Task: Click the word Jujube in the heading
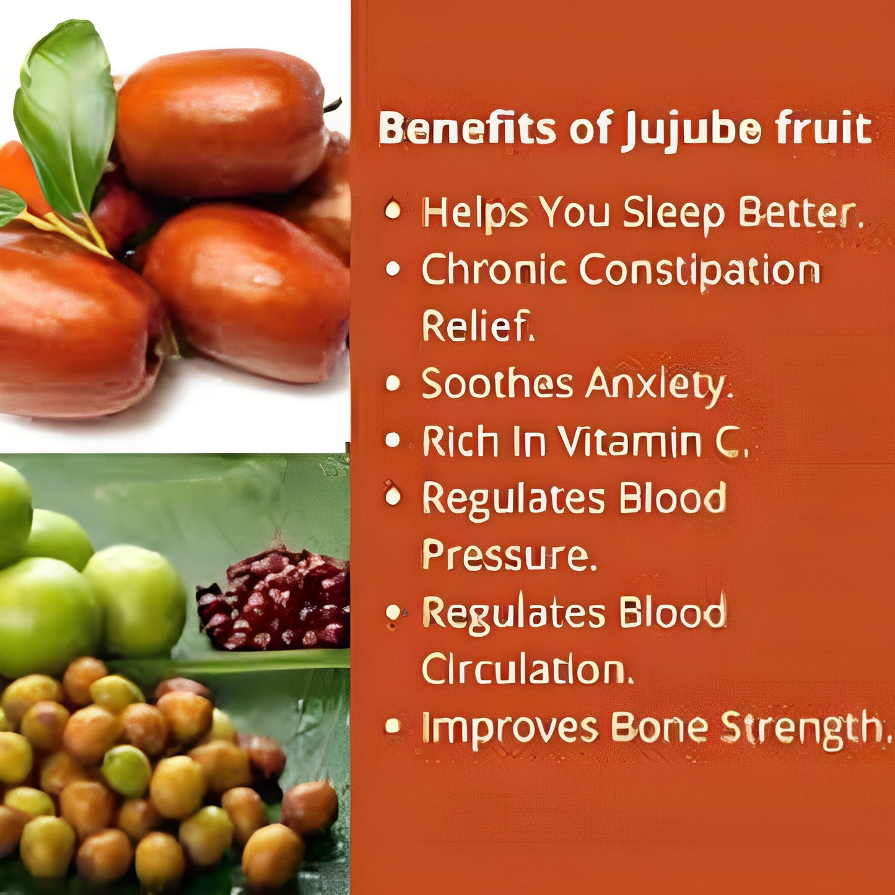point(691,129)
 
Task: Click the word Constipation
point(700,271)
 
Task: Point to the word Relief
point(477,326)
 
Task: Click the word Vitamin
point(629,442)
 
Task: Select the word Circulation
point(527,670)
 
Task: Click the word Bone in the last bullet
point(659,727)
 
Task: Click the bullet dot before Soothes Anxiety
point(393,383)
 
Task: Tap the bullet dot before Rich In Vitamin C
point(393,440)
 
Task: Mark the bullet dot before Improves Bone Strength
point(393,725)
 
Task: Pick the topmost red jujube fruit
point(223,121)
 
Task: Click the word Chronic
point(494,271)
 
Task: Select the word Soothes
point(497,384)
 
